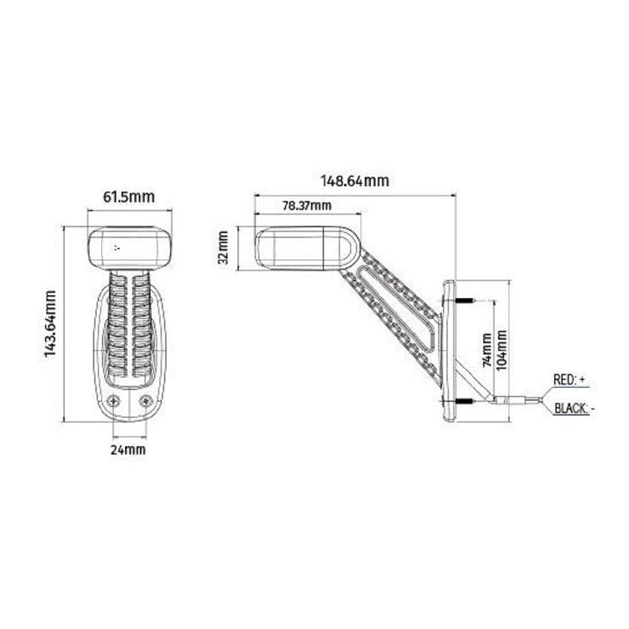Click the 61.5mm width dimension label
click(128, 197)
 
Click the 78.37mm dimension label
click(306, 205)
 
